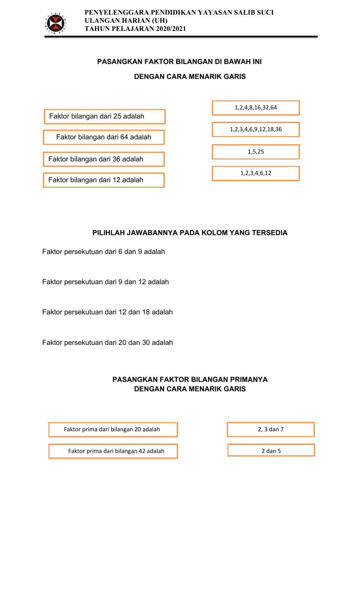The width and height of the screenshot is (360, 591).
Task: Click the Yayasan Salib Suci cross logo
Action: (x=56, y=23)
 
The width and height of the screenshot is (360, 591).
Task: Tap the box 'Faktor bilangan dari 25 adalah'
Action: (x=104, y=117)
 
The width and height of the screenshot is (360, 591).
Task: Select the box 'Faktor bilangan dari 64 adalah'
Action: (x=104, y=137)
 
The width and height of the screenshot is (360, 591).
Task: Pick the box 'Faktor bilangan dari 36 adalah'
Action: (x=104, y=159)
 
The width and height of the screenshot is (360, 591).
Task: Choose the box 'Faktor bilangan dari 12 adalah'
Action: (x=104, y=180)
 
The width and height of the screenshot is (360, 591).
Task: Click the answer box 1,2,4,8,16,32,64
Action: (x=256, y=108)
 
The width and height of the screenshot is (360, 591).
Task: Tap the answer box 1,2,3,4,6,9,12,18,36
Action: (x=256, y=129)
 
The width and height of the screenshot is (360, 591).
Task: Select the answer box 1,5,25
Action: (x=256, y=152)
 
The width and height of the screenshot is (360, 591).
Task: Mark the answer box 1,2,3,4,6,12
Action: (x=256, y=173)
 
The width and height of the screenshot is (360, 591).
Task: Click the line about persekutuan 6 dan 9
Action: (x=103, y=252)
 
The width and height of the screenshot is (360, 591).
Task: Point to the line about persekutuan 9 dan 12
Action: (x=105, y=282)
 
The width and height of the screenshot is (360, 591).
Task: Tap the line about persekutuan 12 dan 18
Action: (x=107, y=312)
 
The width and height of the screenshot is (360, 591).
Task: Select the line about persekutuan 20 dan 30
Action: (x=107, y=343)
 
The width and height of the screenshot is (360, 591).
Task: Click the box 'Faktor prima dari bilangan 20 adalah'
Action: (x=113, y=429)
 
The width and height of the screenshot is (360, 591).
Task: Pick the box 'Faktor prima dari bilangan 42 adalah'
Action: (x=113, y=451)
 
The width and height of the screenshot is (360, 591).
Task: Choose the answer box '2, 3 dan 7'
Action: (x=271, y=429)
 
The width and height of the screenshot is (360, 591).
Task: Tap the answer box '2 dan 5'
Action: (x=271, y=450)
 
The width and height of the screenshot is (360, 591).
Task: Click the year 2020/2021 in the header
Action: (x=171, y=29)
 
